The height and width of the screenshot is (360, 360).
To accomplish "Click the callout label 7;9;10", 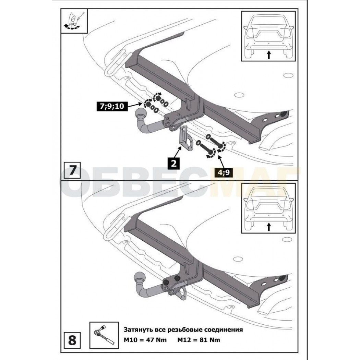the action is click(x=112, y=106).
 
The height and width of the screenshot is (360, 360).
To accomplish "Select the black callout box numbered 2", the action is click(x=174, y=163).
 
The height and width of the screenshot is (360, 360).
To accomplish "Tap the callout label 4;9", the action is click(x=224, y=172).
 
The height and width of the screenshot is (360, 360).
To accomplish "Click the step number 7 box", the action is click(x=72, y=170).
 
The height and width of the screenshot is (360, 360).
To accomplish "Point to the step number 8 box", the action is click(x=72, y=340).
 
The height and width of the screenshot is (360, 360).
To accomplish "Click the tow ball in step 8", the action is click(x=140, y=277).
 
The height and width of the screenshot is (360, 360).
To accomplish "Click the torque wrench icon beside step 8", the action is click(x=104, y=335).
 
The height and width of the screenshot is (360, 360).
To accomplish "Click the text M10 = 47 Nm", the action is click(x=145, y=340).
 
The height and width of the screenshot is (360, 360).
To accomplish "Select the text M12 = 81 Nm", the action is click(x=199, y=340).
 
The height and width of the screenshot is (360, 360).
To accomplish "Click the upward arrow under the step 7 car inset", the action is click(x=269, y=55).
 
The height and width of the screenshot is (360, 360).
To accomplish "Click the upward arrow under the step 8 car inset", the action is click(x=269, y=227).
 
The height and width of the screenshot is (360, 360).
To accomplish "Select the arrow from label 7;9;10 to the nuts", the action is click(x=135, y=105).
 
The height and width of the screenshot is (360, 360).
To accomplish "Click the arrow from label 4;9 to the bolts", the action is click(x=220, y=162).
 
